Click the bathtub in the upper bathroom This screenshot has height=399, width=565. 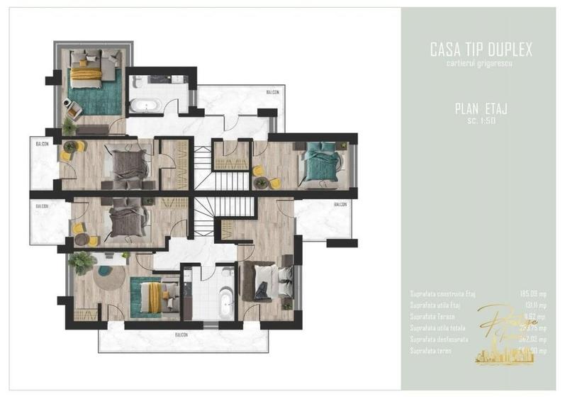(146, 106)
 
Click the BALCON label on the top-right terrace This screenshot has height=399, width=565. (272, 92)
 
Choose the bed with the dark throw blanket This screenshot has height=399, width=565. (264, 281)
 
